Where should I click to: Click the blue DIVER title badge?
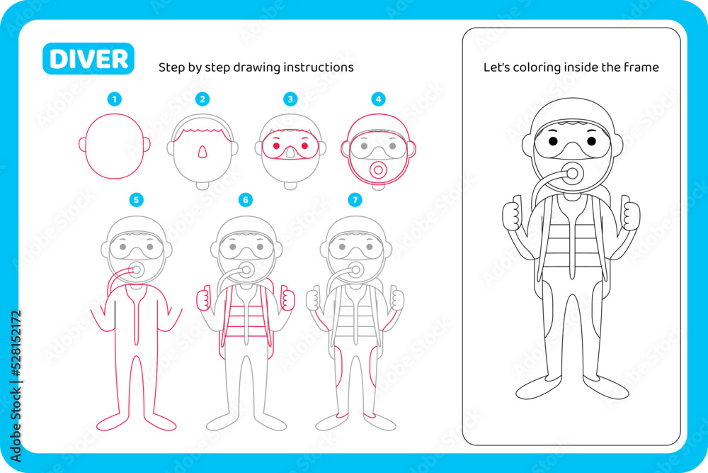pyautogui.click(x=88, y=59)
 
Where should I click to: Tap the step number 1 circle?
pyautogui.click(x=114, y=99)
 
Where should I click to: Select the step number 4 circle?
pyautogui.click(x=378, y=99)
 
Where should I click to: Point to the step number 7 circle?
pyautogui.click(x=355, y=200)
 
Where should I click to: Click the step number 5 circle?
pyautogui.click(x=137, y=200)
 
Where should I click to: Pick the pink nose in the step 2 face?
pyautogui.click(x=202, y=152)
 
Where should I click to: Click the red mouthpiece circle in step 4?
pyautogui.click(x=378, y=170)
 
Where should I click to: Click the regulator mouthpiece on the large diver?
pyautogui.click(x=573, y=173)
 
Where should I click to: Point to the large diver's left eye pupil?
pyautogui.click(x=554, y=142)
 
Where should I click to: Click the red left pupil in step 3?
pyautogui.click(x=276, y=146)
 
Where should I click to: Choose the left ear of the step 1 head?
pyautogui.click(x=83, y=145)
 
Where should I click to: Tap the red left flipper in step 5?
pyautogui.click(x=113, y=422)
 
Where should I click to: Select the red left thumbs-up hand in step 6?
pyautogui.click(x=203, y=298)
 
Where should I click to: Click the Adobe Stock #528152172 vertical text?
pyautogui.click(x=16, y=386)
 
